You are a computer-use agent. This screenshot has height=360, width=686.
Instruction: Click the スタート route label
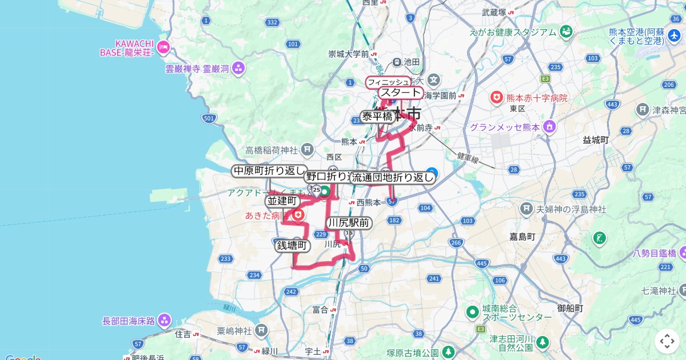pyautogui.click(x=401, y=93)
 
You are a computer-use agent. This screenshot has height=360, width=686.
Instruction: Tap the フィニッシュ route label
pyautogui.click(x=388, y=82)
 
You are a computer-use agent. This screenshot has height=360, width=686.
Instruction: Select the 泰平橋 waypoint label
pyautogui.click(x=377, y=117)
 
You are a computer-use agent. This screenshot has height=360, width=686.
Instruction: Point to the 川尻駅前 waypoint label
pyautogui.click(x=349, y=223)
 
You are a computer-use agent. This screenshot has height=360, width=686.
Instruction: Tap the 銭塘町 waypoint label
pyautogui.click(x=292, y=246)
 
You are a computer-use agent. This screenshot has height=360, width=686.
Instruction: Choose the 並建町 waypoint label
pyautogui.click(x=282, y=201)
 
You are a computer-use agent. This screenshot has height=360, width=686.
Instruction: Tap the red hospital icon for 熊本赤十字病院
pyautogui.click(x=496, y=98)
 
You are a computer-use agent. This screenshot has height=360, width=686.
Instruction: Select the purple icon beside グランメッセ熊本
pyautogui.click(x=550, y=127)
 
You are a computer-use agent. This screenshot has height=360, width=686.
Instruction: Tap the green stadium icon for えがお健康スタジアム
pyautogui.click(x=566, y=32)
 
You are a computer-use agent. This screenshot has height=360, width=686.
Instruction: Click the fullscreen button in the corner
pyautogui.click(x=667, y=341)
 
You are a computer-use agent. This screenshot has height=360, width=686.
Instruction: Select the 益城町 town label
pyautogui.click(x=596, y=139)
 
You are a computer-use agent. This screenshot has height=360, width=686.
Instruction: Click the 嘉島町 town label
pyautogui.click(x=523, y=235)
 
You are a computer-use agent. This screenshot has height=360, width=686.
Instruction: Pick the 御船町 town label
pyautogui.click(x=570, y=308)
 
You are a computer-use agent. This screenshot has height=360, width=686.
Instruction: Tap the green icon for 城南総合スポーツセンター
pyautogui.click(x=472, y=312)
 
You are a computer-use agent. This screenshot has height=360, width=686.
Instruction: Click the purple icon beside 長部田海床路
pyautogui.click(x=165, y=321)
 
